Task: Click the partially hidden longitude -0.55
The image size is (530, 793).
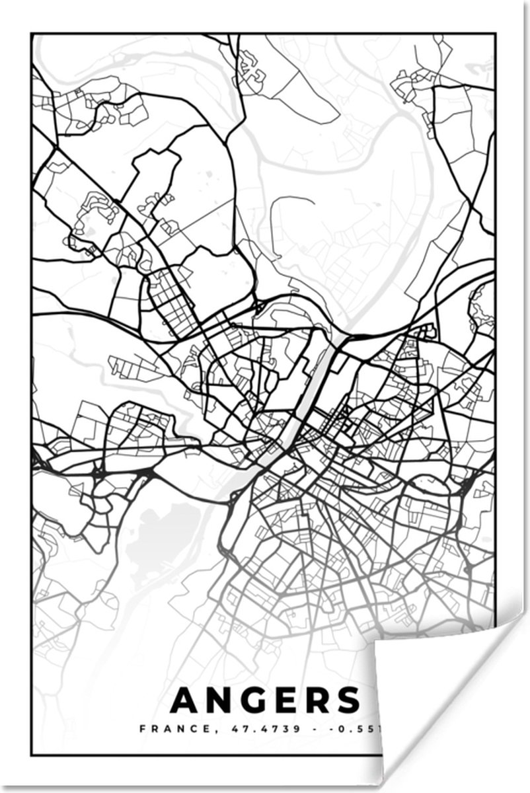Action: click(354, 730)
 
